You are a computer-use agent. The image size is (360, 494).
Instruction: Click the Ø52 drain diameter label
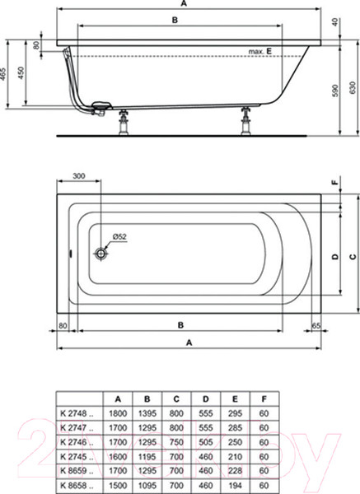click(x=119, y=237)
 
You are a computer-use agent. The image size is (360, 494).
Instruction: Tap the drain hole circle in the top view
click(x=102, y=254)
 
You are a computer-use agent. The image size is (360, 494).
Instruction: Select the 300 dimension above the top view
click(x=78, y=176)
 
